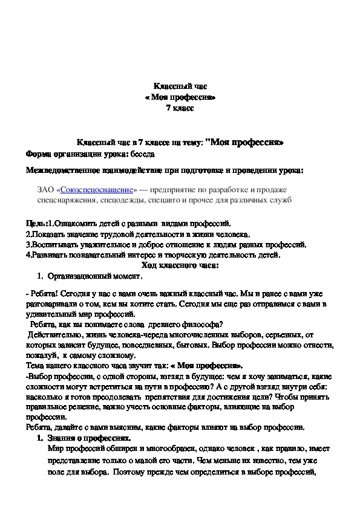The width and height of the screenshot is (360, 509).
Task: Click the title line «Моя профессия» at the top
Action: (x=180, y=98)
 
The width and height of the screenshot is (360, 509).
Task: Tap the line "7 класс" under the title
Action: (x=180, y=108)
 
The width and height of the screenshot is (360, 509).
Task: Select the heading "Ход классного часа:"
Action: (x=180, y=265)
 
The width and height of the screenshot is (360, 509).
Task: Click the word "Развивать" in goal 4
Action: (x=49, y=254)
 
